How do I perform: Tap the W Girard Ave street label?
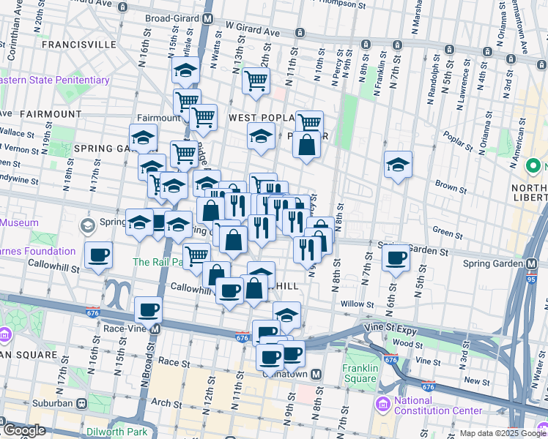click(x=253, y=29)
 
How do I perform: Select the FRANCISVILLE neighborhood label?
click(x=79, y=44)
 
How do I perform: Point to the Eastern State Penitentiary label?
click(x=54, y=80)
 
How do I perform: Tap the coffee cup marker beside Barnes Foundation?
click(x=98, y=256)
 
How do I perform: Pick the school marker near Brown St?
click(x=398, y=165)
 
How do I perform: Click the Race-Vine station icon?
click(x=155, y=329)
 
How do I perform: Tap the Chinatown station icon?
click(x=316, y=374)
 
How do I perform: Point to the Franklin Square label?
click(x=360, y=373)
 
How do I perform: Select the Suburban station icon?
click(x=81, y=402)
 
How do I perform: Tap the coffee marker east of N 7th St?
click(x=396, y=258)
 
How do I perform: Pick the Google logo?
click(x=23, y=430)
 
